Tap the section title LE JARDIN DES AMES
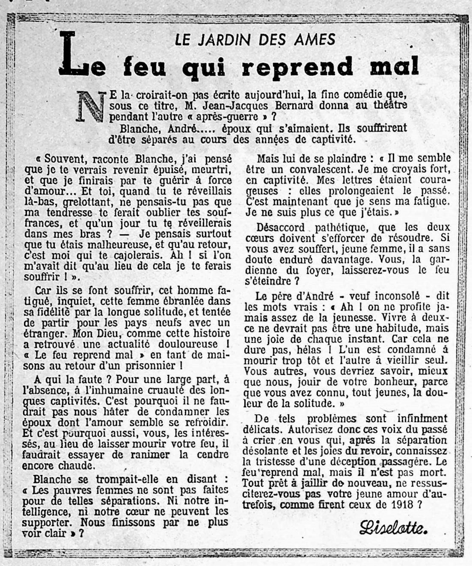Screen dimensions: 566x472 [255, 40]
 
